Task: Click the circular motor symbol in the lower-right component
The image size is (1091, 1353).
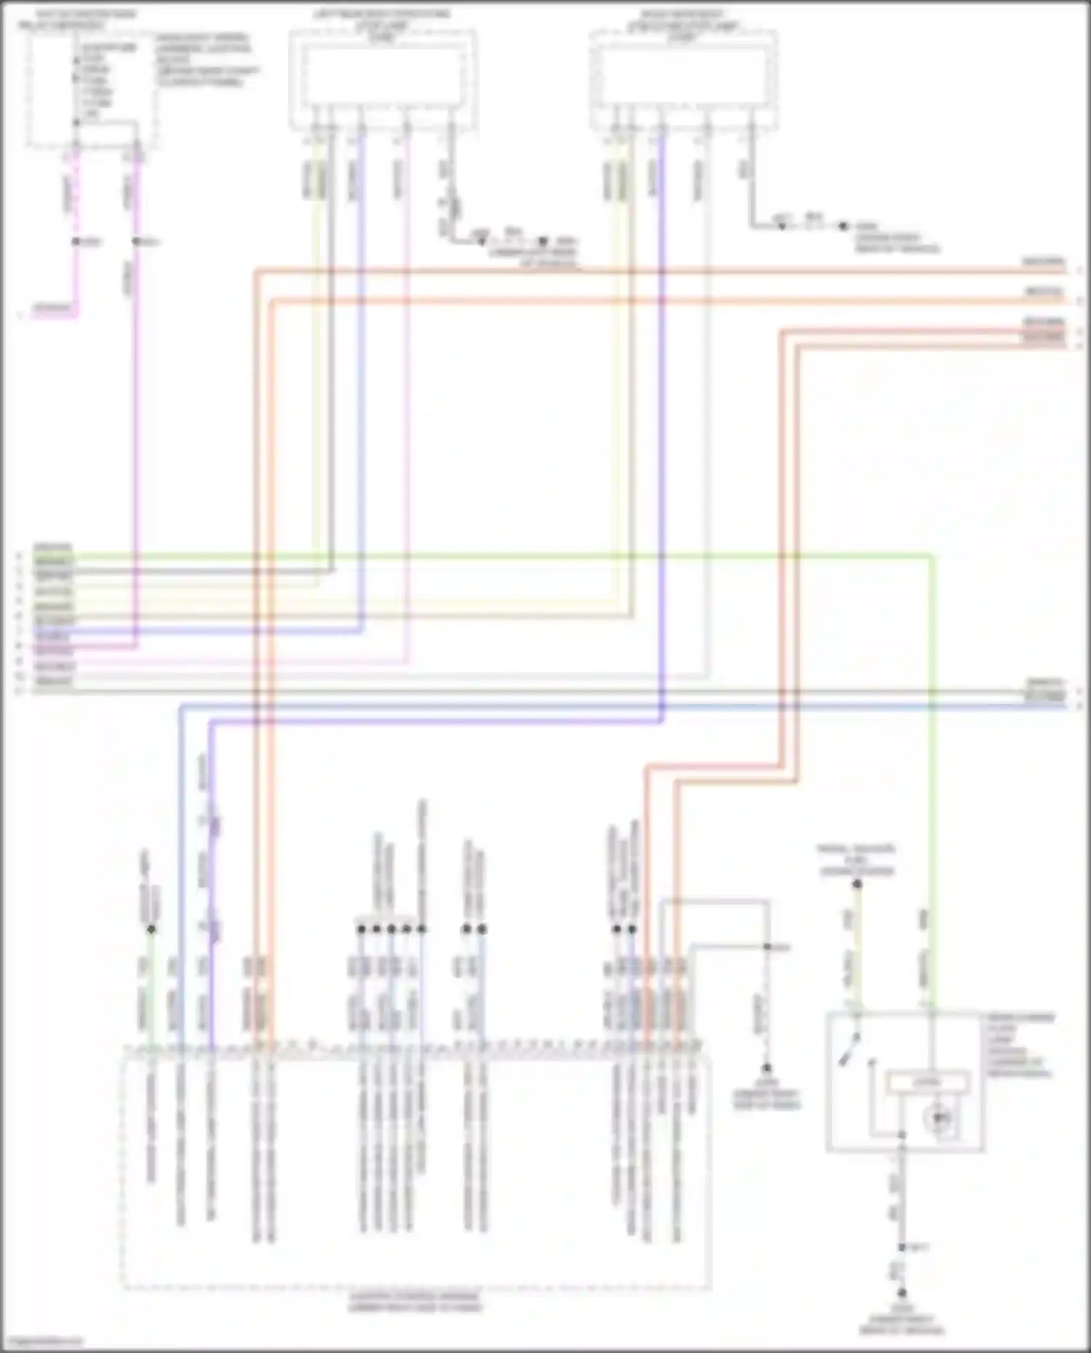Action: [938, 1116]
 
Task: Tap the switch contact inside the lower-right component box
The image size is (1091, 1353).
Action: [847, 1051]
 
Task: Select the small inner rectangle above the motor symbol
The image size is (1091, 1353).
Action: [927, 1083]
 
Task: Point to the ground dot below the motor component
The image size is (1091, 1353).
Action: [902, 1293]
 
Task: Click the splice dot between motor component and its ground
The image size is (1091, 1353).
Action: [902, 1248]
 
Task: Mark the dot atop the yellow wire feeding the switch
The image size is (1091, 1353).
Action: [857, 884]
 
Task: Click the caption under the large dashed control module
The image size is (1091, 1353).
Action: [415, 1301]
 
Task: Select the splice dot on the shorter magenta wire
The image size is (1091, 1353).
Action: [76, 241]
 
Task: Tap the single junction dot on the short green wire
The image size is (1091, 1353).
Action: [151, 929]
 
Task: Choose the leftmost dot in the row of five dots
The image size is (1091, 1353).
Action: [361, 929]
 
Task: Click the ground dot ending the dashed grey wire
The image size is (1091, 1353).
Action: [766, 1069]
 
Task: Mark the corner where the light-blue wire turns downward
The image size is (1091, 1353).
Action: [180, 706]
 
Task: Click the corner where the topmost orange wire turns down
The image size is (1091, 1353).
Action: [256, 272]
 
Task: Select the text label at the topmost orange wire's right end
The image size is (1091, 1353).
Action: [1044, 262]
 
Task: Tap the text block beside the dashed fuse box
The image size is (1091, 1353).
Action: [207, 60]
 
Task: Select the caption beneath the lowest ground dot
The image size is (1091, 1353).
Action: [901, 1320]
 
